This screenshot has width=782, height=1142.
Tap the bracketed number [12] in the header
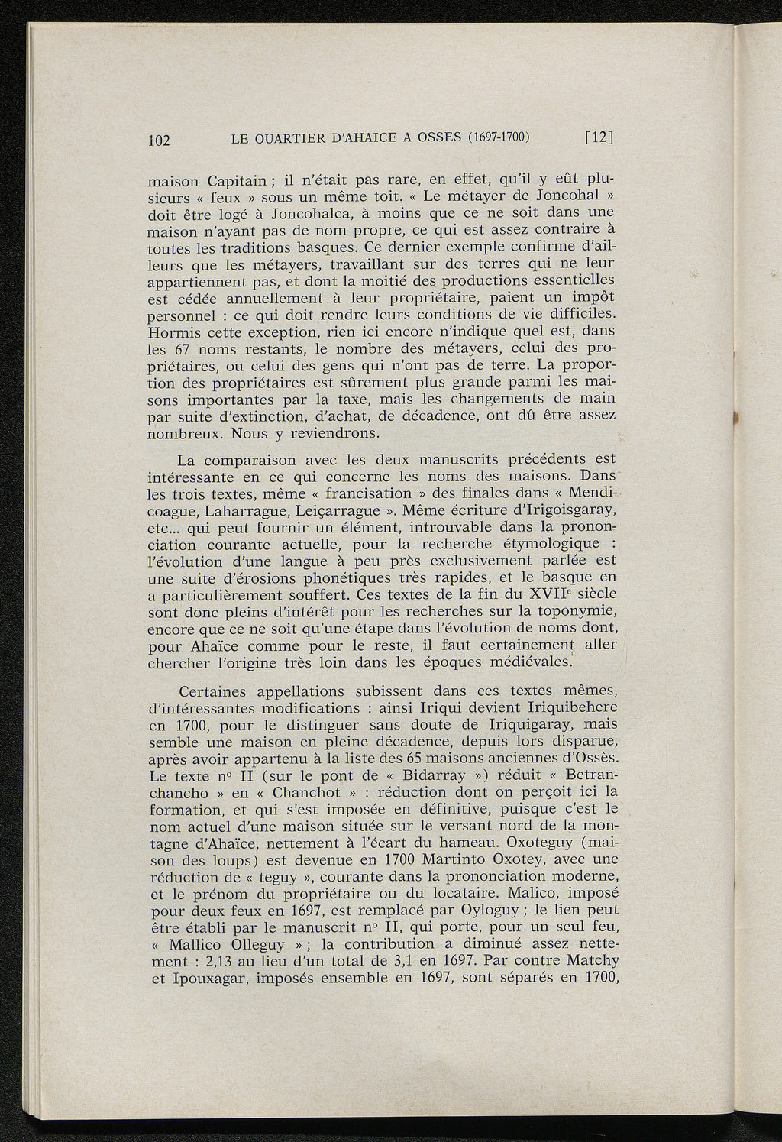click(x=599, y=137)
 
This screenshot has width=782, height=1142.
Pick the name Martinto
click(x=429, y=859)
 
